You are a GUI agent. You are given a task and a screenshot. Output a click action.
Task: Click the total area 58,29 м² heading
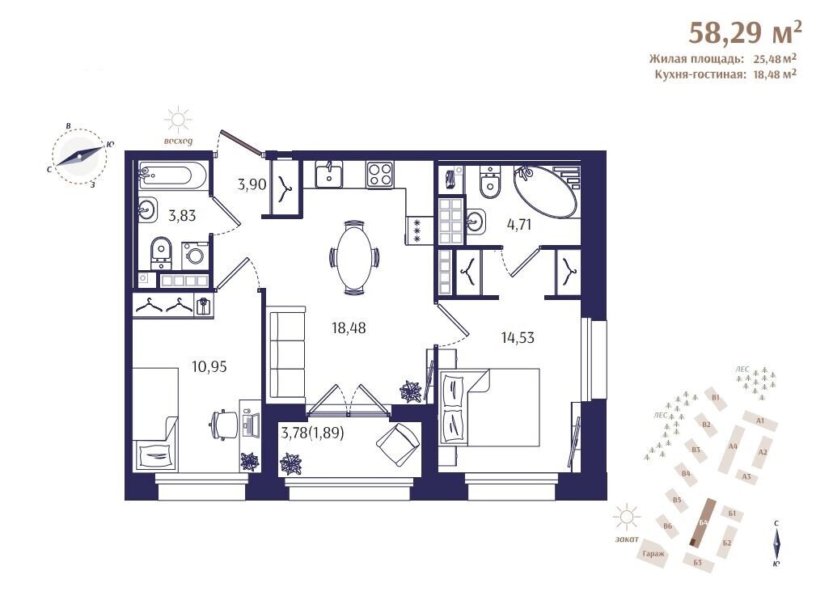pyautogui.click(x=746, y=32)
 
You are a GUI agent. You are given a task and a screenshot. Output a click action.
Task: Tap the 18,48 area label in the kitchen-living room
pyautogui.click(x=349, y=328)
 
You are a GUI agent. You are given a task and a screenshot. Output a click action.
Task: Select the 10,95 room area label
pyautogui.click(x=209, y=366)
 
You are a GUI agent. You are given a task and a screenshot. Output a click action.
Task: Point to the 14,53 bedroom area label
pyautogui.click(x=518, y=337)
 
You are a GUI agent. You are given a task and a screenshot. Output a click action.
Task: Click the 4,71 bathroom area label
pyautogui.click(x=519, y=224)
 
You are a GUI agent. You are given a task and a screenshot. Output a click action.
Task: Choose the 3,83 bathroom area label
pyautogui.click(x=182, y=216)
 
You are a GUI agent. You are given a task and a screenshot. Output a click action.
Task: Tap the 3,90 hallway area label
pyautogui.click(x=252, y=185)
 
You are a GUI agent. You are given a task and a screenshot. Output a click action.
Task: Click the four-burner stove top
pyautogui.click(x=380, y=175)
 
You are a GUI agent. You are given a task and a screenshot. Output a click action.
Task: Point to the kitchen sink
pyautogui.click(x=329, y=174)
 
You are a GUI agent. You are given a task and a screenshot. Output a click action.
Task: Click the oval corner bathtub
pyautogui.click(x=545, y=191)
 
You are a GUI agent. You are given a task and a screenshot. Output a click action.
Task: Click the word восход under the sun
pyautogui.click(x=178, y=142)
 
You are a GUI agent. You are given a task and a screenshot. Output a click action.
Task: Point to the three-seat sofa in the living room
pyautogui.click(x=287, y=353)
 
